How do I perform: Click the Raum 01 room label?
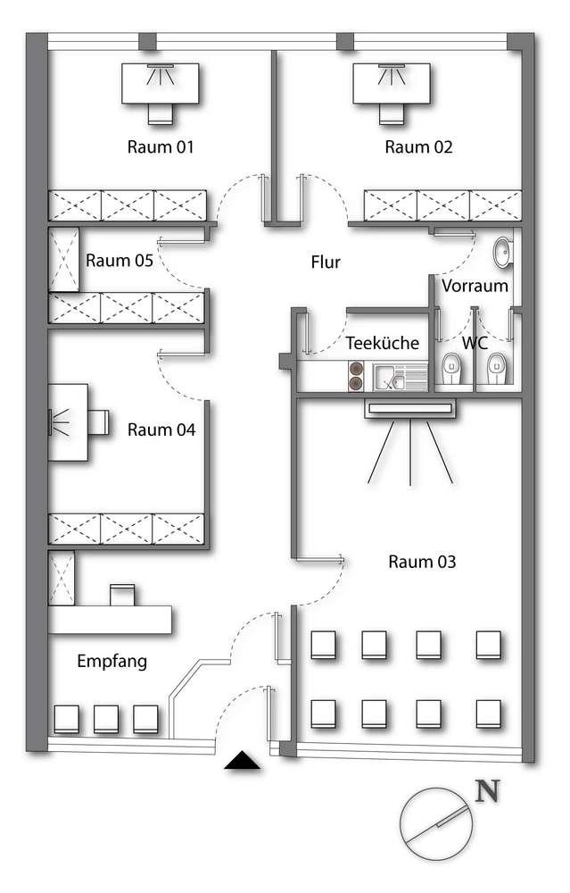pyautogui.click(x=161, y=147)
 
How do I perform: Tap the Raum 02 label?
pyautogui.click(x=418, y=147)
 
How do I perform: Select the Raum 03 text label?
pyautogui.click(x=422, y=562)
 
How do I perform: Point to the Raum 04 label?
pyautogui.click(x=161, y=430)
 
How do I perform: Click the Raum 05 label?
pyautogui.click(x=120, y=260)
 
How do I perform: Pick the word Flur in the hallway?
pyautogui.click(x=326, y=262)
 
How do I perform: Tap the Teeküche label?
pyautogui.click(x=383, y=343)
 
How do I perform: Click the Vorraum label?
pyautogui.click(x=475, y=286)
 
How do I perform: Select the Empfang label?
pyautogui.click(x=112, y=661)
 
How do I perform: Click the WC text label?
pyautogui.click(x=475, y=343)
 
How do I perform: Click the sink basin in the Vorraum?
pyautogui.click(x=503, y=253)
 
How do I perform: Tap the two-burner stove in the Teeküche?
pyautogui.click(x=356, y=377)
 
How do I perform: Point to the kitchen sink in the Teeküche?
pyautogui.click(x=400, y=377)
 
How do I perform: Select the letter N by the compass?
pyautogui.click(x=488, y=790)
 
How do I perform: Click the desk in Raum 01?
pyautogui.click(x=161, y=83)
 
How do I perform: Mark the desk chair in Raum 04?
pyautogui.click(x=98, y=422)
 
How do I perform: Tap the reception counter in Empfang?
pyautogui.click(x=110, y=620)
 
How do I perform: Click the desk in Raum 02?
pyautogui.click(x=392, y=83)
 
